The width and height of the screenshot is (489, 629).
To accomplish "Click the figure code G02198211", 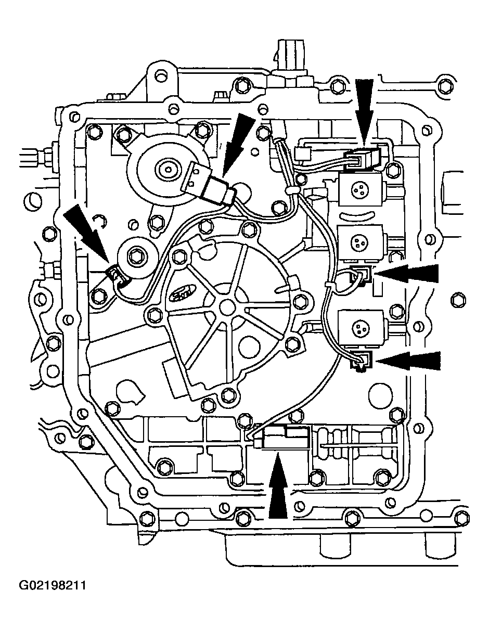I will coord(52,586).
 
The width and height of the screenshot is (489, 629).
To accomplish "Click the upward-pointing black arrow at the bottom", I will coord(278,486).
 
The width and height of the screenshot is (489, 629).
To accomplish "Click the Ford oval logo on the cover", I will coord(185,294).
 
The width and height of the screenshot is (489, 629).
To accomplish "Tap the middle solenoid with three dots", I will coord(359,241).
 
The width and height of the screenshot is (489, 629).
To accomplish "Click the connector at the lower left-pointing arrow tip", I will coord(362,360).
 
